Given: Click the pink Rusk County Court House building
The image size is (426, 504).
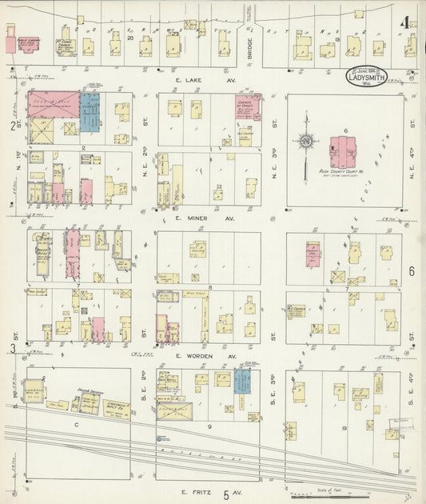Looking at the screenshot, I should coord(345,151).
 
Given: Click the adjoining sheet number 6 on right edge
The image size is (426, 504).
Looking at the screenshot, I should coord(412,271).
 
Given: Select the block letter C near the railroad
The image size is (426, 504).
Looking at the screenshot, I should coord(78,425).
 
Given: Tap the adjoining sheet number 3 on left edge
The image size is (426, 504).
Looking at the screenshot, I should coord(13,348).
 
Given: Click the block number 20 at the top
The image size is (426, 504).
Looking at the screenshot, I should coord(129,37).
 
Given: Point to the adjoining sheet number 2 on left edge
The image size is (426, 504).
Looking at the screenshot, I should coord(13,125).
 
